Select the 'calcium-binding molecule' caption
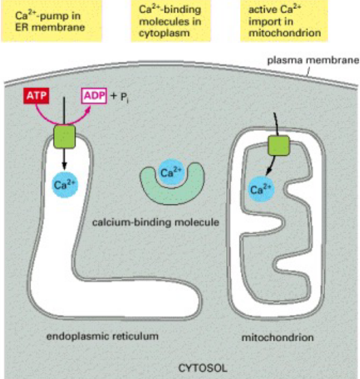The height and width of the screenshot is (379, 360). coord(155,223)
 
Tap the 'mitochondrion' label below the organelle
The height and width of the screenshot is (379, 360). coord(277,337)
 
